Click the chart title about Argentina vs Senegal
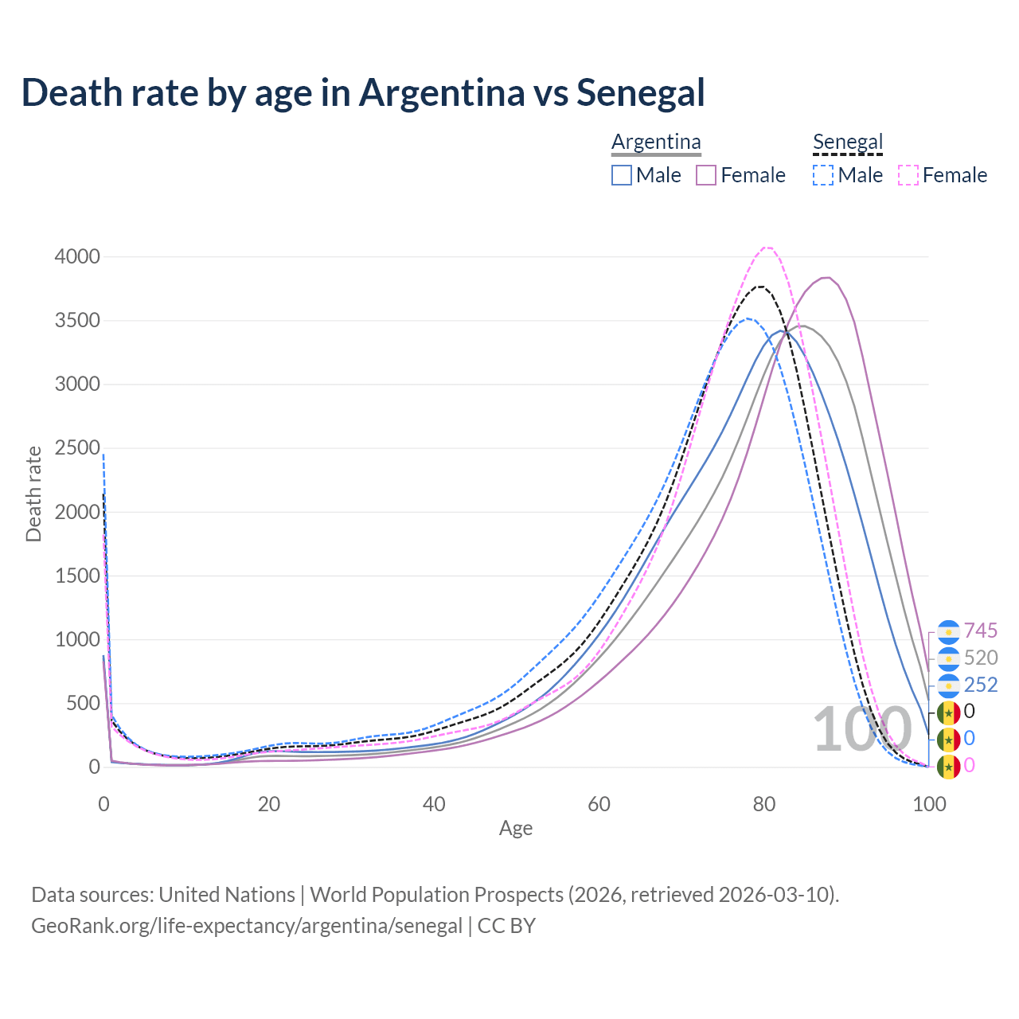click(x=363, y=92)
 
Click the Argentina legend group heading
click(x=656, y=142)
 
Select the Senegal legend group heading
click(x=848, y=142)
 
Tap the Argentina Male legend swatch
click(x=622, y=175)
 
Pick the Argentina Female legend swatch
click(x=706, y=175)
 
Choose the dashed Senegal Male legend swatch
click(x=823, y=175)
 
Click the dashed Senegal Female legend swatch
click(x=908, y=175)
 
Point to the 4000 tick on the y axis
click(x=77, y=256)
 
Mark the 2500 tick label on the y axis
click(x=77, y=448)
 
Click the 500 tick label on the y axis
click(x=83, y=704)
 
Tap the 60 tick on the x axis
click(x=599, y=804)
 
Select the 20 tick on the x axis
click(x=269, y=804)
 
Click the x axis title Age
click(x=516, y=829)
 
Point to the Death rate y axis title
click(x=33, y=494)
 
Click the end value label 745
click(x=981, y=631)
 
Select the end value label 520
click(x=981, y=658)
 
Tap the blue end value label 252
click(x=981, y=685)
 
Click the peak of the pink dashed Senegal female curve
click(x=767, y=248)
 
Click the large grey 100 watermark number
click(x=862, y=729)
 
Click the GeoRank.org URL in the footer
click(x=247, y=927)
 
